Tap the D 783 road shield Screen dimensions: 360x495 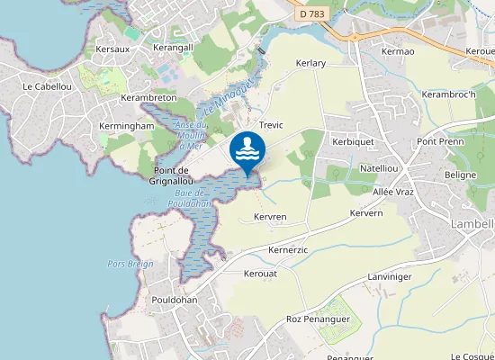click(310, 15)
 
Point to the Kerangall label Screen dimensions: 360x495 click(174, 47)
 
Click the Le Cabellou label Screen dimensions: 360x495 click(46, 86)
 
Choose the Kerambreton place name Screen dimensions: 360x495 click(148, 97)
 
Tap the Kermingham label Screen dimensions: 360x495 click(127, 127)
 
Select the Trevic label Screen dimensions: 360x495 click(271, 125)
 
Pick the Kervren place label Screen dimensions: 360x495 click(270, 217)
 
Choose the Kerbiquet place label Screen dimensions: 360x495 click(352, 142)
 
